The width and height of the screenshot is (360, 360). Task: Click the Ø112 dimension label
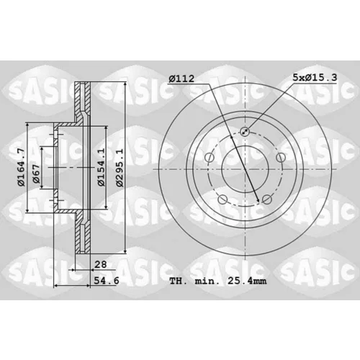[181, 78]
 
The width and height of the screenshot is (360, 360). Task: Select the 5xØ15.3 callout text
[315, 77]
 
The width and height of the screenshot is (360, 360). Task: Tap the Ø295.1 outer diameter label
[120, 168]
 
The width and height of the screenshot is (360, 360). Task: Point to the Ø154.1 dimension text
[102, 167]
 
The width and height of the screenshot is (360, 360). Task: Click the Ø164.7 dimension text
[21, 167]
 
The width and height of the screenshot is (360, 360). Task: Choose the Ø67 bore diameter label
[36, 174]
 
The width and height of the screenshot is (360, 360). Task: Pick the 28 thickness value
[101, 264]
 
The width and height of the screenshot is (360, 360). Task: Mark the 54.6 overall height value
[107, 280]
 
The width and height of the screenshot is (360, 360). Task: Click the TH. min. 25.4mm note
[218, 281]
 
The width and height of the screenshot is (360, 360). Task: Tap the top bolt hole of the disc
[245, 131]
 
